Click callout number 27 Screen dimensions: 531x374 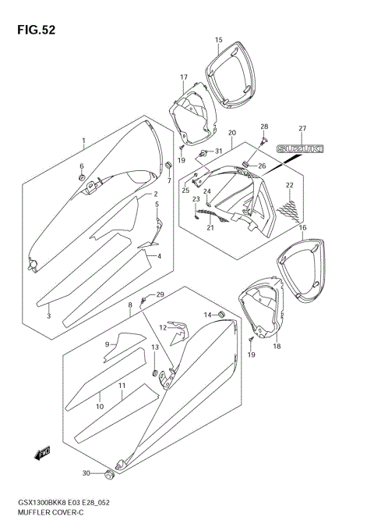pyautogui.click(x=303, y=129)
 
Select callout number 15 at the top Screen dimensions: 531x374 pyautogui.click(x=218, y=40)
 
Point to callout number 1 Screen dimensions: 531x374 pyautogui.click(x=83, y=141)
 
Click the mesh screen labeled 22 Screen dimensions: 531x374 pyautogui.click(x=288, y=209)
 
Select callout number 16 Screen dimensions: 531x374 pyautogui.click(x=303, y=227)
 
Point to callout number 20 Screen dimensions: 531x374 pyautogui.click(x=231, y=134)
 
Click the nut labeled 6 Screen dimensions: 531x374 pyautogui.click(x=81, y=179)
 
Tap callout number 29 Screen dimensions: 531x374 pyautogui.click(x=160, y=294)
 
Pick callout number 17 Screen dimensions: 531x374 pyautogui.click(x=184, y=77)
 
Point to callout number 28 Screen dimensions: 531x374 pyautogui.click(x=263, y=127)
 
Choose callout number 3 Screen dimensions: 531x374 pyautogui.click(x=48, y=315)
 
